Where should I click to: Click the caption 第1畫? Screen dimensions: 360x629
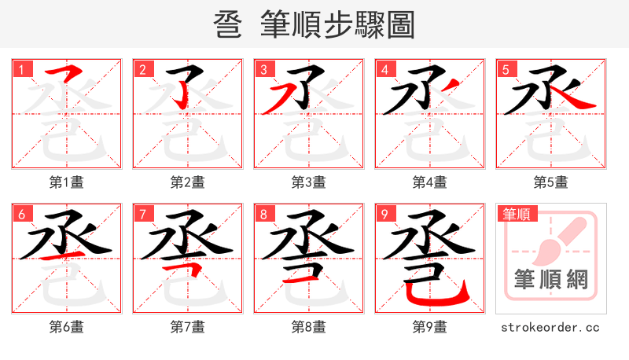(67, 182)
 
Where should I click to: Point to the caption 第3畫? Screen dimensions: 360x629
(309, 182)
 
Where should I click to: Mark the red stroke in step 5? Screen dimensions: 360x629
(574, 101)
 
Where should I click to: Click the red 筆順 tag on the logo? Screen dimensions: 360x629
(515, 214)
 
